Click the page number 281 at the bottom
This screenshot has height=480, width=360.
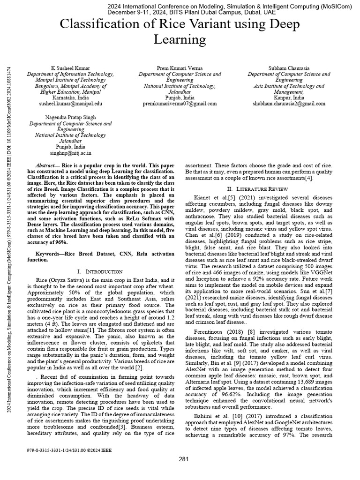(183, 459)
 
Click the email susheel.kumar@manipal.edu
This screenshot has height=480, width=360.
(70, 103)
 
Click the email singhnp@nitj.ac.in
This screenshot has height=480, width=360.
(70, 153)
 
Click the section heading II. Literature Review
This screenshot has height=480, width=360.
(259, 188)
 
